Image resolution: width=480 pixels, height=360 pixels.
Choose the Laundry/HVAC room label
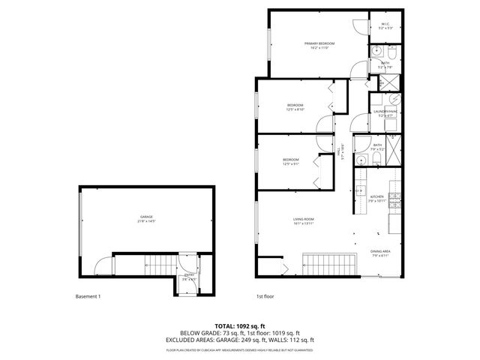click(385, 112)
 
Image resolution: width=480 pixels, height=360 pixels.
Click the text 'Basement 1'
click(88, 296)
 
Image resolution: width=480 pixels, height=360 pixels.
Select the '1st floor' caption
click(265, 296)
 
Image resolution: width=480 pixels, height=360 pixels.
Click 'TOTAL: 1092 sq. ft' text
click(239, 326)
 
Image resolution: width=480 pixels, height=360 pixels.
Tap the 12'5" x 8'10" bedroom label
click(295, 106)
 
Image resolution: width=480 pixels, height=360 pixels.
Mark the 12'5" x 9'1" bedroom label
click(291, 161)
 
